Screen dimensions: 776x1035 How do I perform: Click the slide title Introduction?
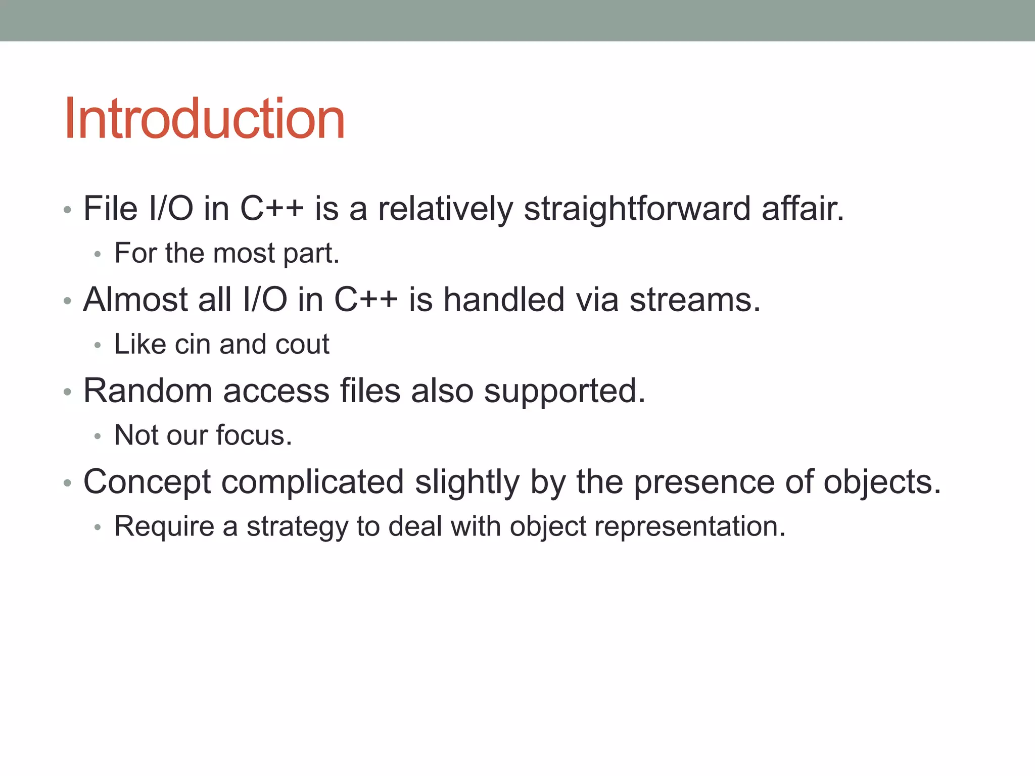(x=205, y=119)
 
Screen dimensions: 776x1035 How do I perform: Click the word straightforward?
(x=637, y=209)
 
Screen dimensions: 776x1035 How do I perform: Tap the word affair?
(x=803, y=209)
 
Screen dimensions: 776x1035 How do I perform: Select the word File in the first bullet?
(x=110, y=209)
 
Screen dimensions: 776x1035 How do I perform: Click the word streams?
(x=695, y=300)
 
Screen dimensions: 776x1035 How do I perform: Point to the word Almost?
(x=135, y=300)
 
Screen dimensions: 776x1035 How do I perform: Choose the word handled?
(x=504, y=300)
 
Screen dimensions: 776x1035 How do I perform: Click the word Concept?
(x=147, y=483)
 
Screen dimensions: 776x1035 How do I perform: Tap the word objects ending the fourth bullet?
(x=882, y=483)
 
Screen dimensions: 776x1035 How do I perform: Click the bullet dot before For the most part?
(x=98, y=254)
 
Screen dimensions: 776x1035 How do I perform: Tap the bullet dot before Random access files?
(x=68, y=392)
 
